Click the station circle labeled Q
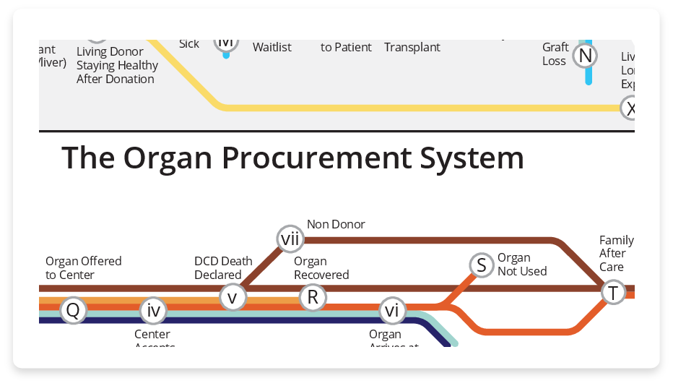tap(73, 311)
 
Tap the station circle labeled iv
tap(153, 311)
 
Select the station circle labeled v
tap(233, 296)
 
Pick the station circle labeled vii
tap(290, 238)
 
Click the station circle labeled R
tap(313, 296)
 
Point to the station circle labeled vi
tap(392, 311)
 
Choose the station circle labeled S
tap(481, 265)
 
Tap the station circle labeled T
tap(614, 293)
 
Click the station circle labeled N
tap(586, 56)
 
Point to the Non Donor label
tap(336, 224)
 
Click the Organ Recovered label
tap(321, 268)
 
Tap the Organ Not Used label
tap(522, 265)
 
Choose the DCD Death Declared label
tap(223, 268)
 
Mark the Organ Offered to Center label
tap(83, 268)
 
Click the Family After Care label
tap(616, 254)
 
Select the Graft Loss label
tap(555, 54)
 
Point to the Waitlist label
tap(272, 47)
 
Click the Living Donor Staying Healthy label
tap(117, 65)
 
